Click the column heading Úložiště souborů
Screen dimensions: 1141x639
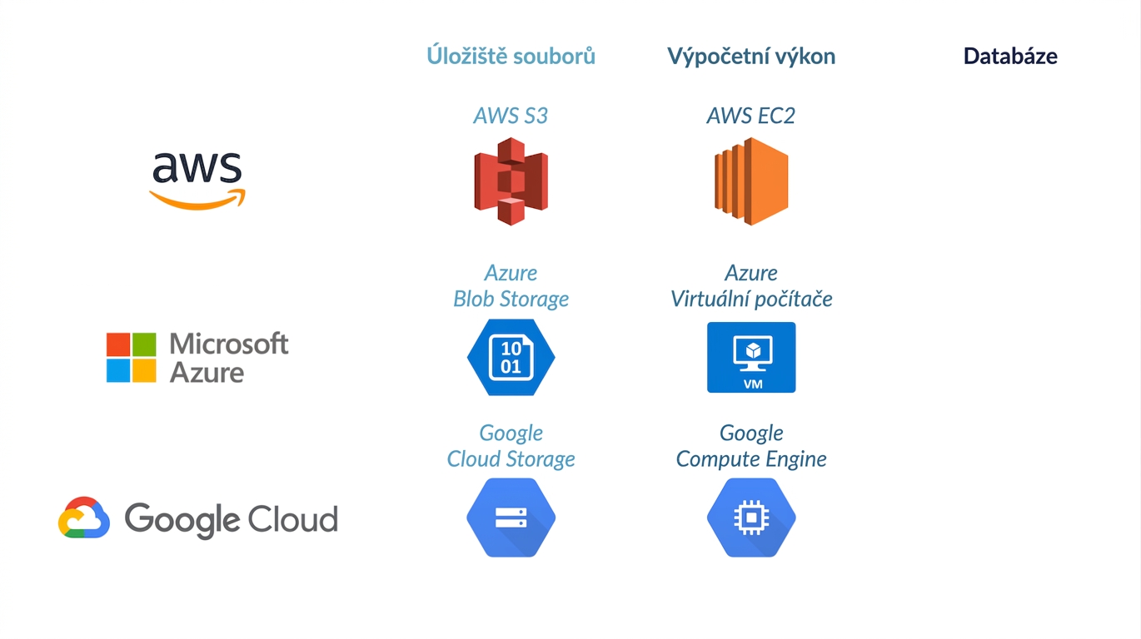pyautogui.click(x=511, y=55)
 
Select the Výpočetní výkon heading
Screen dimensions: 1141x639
pyautogui.click(x=751, y=57)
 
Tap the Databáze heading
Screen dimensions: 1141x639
pyautogui.click(x=1010, y=56)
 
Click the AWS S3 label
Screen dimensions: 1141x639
pyautogui.click(x=511, y=116)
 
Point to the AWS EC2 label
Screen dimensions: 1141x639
pyautogui.click(x=751, y=116)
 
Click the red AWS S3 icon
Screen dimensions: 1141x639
pyautogui.click(x=511, y=181)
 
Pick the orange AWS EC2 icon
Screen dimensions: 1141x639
pyautogui.click(x=751, y=181)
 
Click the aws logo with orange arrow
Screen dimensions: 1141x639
pyautogui.click(x=197, y=181)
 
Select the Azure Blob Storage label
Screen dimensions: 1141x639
pyautogui.click(x=511, y=286)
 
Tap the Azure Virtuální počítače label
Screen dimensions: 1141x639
pyautogui.click(x=751, y=286)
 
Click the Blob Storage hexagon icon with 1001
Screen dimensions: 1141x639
pyautogui.click(x=511, y=357)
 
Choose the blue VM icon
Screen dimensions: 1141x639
pyautogui.click(x=751, y=357)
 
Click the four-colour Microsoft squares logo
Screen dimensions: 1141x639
pyautogui.click(x=131, y=357)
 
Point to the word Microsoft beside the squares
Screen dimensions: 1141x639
pyautogui.click(x=229, y=344)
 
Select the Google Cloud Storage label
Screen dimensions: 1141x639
pyautogui.click(x=511, y=446)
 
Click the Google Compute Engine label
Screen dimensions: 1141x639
pyautogui.click(x=751, y=446)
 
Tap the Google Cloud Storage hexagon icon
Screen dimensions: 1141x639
pyautogui.click(x=511, y=518)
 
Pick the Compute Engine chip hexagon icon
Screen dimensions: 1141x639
pyautogui.click(x=751, y=518)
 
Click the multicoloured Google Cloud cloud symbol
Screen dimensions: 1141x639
pyautogui.click(x=84, y=518)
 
